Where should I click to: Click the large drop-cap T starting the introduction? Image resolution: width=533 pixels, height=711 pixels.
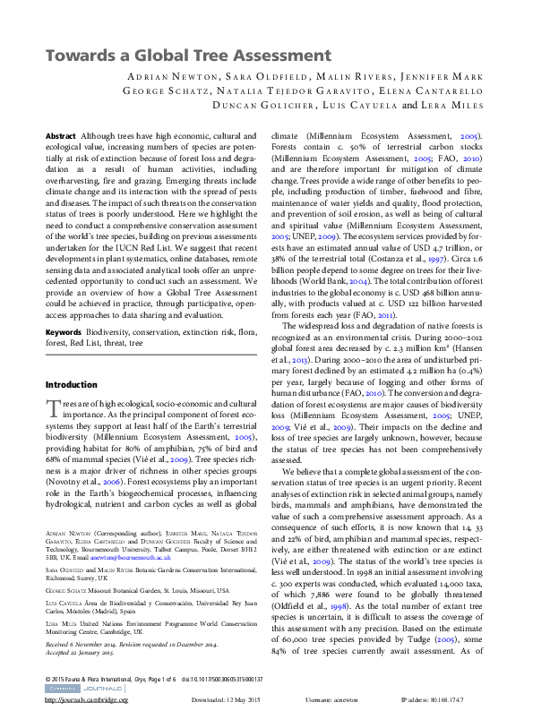point(52,408)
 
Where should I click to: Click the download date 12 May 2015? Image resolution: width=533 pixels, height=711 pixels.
point(243,700)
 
